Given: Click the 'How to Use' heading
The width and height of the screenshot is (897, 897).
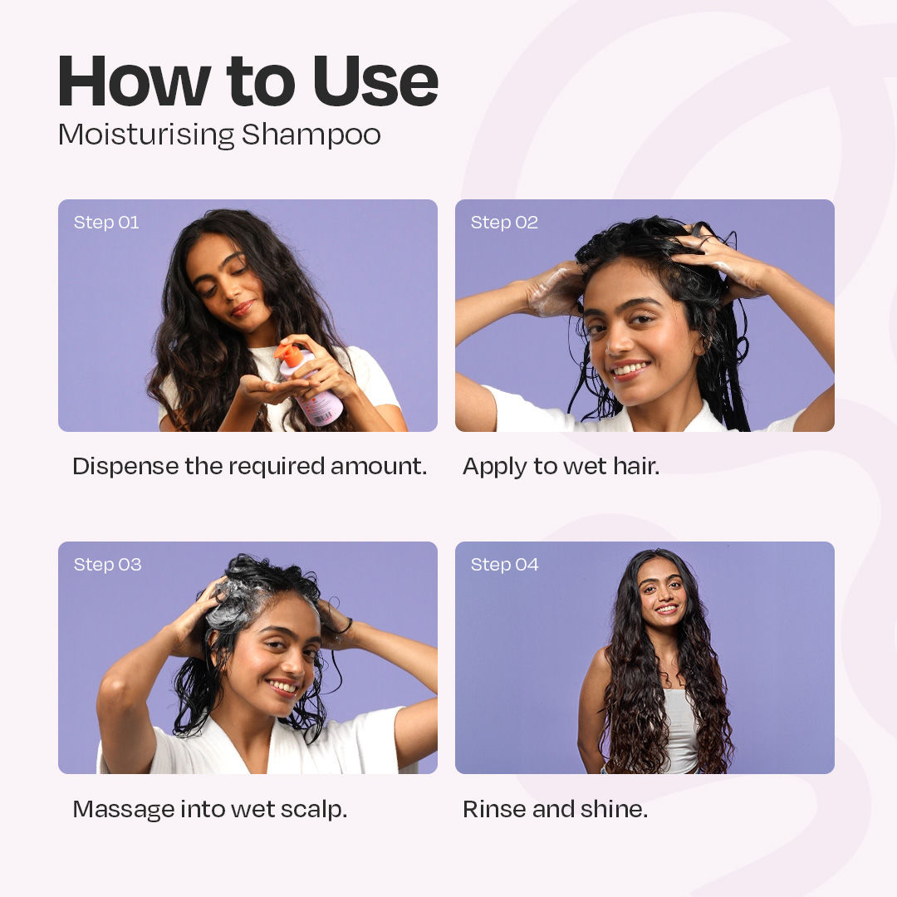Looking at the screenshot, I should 248,82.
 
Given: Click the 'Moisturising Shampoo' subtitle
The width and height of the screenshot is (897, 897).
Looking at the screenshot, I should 219,135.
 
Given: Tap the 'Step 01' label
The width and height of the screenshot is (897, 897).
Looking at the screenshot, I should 106,223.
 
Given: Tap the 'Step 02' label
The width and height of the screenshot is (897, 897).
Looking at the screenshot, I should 504,223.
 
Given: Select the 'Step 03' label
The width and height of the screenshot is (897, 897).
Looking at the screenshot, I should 107,565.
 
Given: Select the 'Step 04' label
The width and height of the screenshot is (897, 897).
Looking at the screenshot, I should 504,565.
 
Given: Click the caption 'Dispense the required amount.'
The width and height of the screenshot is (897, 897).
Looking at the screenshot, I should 249,467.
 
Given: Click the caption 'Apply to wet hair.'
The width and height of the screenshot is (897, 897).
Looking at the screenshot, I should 561,467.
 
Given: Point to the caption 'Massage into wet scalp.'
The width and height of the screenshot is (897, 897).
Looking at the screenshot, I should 209,809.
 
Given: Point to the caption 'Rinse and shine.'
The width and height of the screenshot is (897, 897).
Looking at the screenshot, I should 555,809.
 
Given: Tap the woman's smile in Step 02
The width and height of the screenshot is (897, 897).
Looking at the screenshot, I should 631,368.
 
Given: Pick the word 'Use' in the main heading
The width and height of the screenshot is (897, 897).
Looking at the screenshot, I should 375,82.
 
